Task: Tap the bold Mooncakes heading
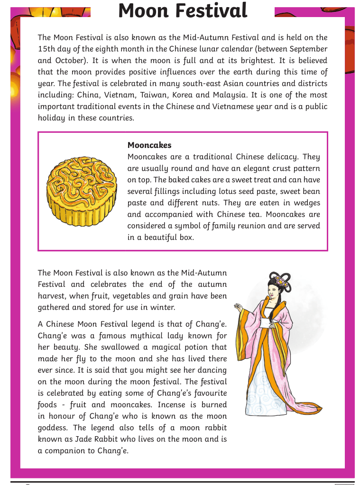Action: point(149,145)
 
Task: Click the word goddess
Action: point(53,428)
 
